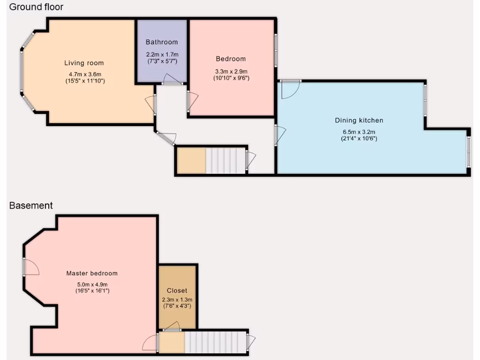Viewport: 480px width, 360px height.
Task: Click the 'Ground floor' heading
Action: coord(36,7)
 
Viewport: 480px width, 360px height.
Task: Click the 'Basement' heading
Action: coord(31,205)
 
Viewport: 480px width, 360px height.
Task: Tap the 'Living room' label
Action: coord(84,63)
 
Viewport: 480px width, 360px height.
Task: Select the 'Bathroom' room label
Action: coord(162,42)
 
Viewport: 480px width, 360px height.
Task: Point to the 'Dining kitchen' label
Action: coord(359,120)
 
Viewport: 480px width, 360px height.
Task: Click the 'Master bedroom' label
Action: coord(92,273)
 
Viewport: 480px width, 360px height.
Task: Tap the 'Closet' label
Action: coord(177,291)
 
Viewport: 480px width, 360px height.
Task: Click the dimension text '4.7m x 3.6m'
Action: coord(85,74)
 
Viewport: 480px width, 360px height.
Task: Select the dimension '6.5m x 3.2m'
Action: coord(359,132)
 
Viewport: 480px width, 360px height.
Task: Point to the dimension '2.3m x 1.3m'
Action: coord(177,300)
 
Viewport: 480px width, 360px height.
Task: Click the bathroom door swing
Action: coord(172,80)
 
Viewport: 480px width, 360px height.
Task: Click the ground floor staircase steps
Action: coord(226,161)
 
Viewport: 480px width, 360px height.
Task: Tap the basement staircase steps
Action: coord(215,342)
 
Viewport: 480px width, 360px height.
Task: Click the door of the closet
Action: coord(172,327)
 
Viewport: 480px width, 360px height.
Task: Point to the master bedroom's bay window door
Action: coord(31,267)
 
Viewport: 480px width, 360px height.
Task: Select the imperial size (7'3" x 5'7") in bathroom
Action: coord(162,61)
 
